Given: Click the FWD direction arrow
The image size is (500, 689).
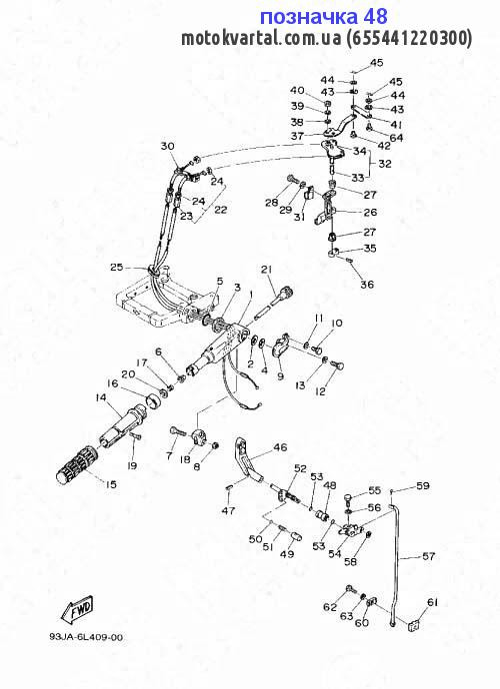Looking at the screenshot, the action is pos(77,608).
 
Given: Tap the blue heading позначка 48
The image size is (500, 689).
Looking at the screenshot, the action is pos(324,17).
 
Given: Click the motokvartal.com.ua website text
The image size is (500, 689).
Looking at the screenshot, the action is pos(261,38).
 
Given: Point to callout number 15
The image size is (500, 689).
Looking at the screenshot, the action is pos(111,484).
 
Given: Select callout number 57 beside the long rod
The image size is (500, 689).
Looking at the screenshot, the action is pos(428,556).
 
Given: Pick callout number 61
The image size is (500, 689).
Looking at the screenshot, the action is pos(433,602).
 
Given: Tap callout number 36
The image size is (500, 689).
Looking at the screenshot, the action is pos(367,285).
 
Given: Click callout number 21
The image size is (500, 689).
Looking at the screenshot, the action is pos(267,269).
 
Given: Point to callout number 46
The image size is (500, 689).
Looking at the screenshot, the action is pos(280,447).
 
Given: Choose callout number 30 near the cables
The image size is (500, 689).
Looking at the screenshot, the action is pos(167,146).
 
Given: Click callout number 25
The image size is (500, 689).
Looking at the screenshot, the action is pos(117,267).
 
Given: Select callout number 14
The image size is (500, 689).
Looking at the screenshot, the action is pos(100,397).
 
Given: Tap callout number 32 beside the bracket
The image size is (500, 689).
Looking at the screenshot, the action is pos(385,164).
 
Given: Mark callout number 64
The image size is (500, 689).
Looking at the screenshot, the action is pos(396,138).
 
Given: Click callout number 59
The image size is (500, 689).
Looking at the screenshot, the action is pos(423,486).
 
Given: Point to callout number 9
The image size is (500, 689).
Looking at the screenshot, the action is pos(280,376).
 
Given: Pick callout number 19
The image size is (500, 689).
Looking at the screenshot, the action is pos(132,465).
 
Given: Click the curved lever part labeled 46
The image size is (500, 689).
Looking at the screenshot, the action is pos(247,460).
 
